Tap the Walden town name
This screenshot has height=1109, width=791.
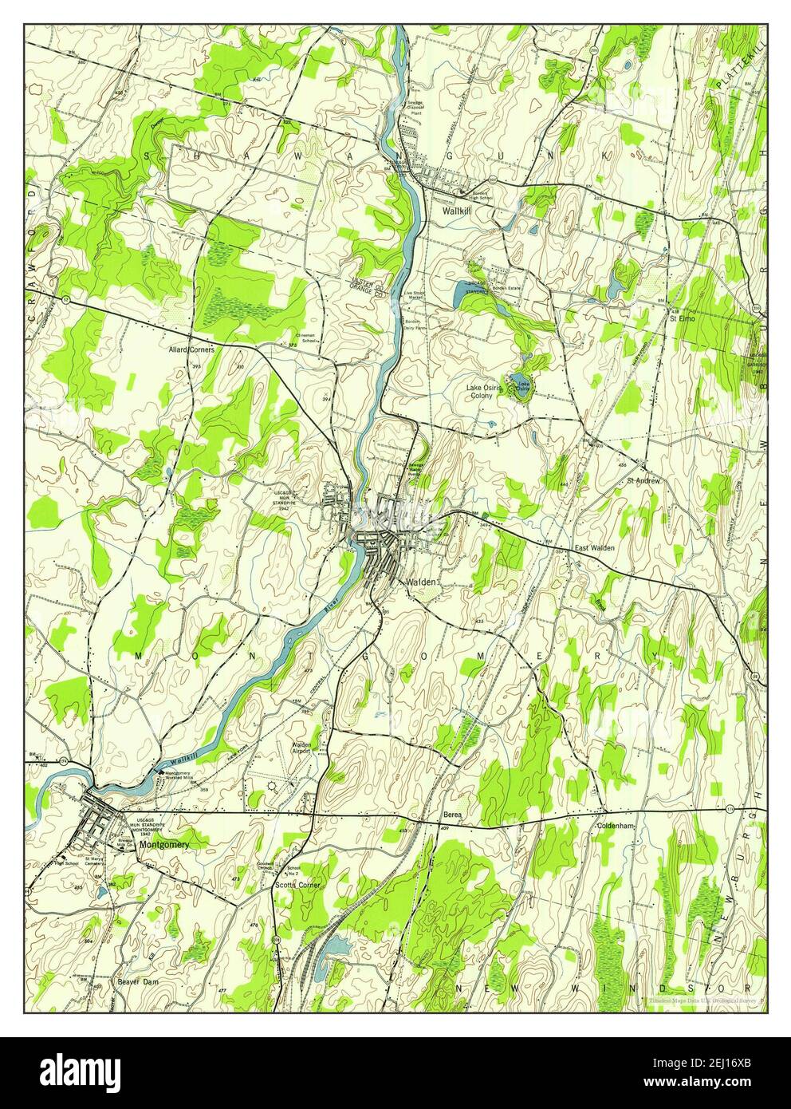coord(421,582)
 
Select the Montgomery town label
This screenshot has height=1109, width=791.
coord(163,843)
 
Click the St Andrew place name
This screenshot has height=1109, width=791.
coord(644,481)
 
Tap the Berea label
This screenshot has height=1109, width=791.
coord(453,815)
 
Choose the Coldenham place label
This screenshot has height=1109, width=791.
coord(615,827)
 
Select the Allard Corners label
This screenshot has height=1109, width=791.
coord(191,349)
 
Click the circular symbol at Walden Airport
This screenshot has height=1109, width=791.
coord(274,785)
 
